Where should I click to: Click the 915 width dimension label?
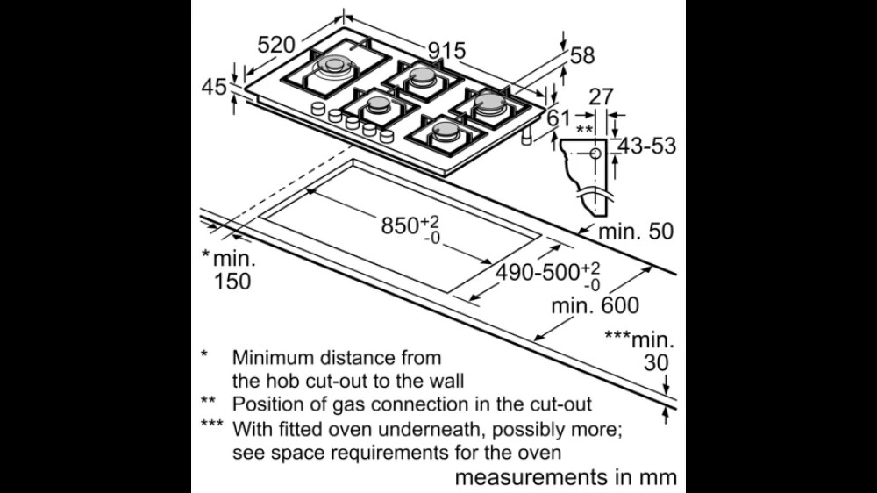[447, 51]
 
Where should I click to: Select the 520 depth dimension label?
[276, 45]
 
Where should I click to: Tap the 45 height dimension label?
[214, 87]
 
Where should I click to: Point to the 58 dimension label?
[582, 55]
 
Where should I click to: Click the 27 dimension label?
[602, 96]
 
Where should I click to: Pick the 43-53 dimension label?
[647, 146]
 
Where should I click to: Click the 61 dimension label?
[558, 118]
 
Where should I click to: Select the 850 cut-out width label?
[410, 227]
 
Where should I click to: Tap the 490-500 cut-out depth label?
[548, 275]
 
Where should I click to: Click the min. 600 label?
[595, 305]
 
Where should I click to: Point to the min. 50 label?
[636, 231]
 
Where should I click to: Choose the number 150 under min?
[232, 281]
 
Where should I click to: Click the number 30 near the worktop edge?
[656, 362]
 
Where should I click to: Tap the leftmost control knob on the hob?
[318, 108]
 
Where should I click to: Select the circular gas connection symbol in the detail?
[595, 154]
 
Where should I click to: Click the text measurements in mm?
[566, 477]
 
